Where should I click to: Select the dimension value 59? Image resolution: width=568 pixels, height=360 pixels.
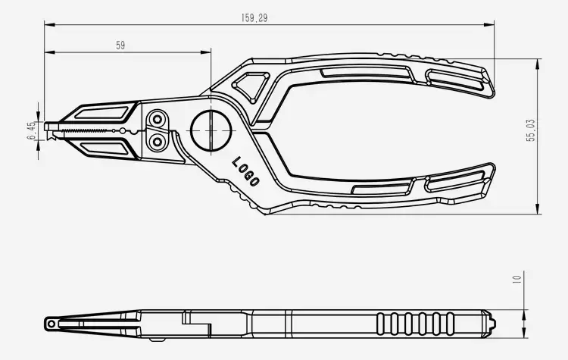[120, 45]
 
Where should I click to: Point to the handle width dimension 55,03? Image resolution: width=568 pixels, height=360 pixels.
[531, 130]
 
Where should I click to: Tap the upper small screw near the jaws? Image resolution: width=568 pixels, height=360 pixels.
[158, 120]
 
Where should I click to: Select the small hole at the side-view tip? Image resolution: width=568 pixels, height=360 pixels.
[51, 324]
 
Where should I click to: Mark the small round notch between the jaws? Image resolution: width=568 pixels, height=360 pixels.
[123, 131]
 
